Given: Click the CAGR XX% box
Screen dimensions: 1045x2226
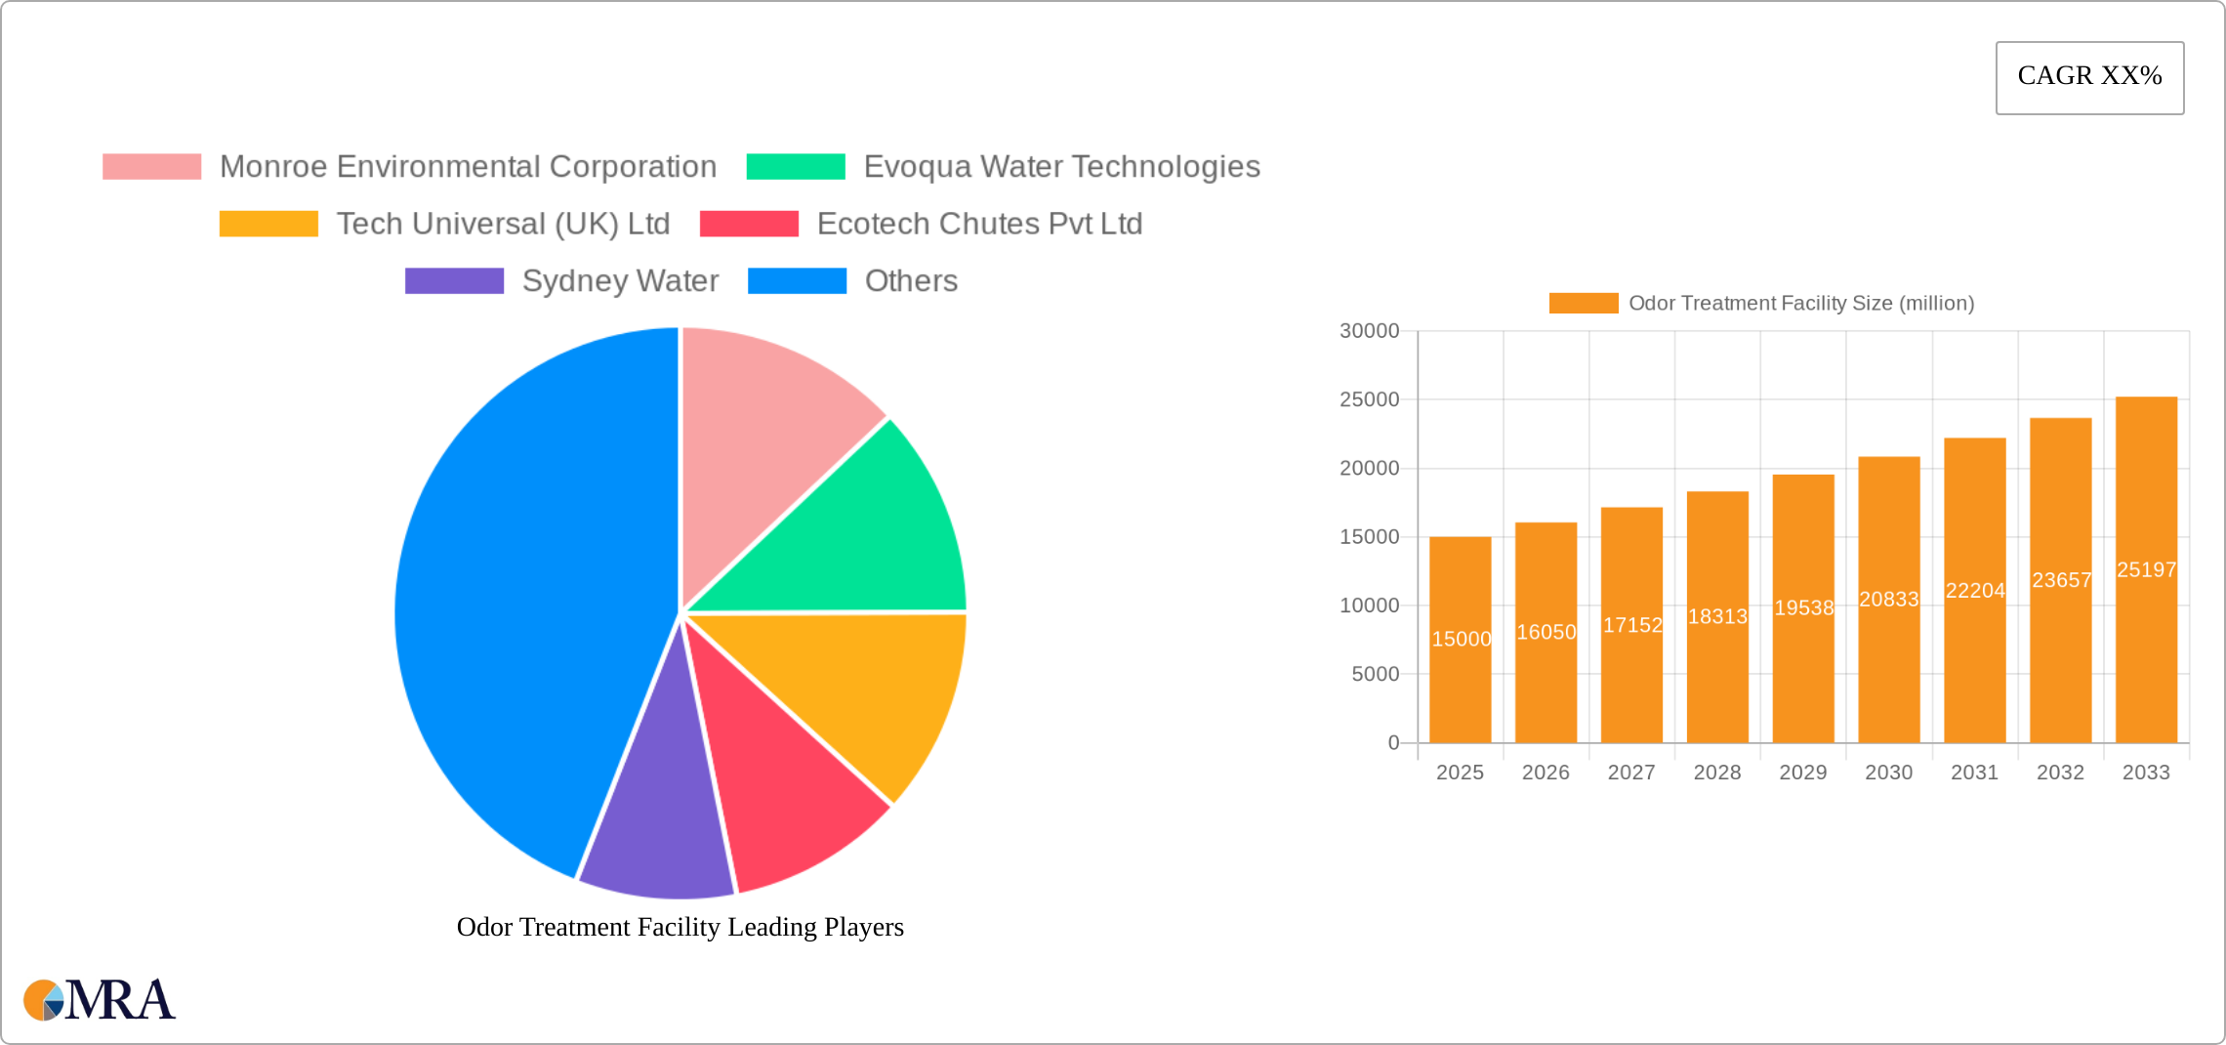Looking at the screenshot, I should coord(2089,77).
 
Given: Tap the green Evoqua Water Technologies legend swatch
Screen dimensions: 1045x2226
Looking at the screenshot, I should coord(796,167).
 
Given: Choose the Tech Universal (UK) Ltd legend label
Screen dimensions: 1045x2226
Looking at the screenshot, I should coord(503,224).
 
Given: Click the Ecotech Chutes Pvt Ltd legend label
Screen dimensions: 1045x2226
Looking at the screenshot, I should coord(979,224).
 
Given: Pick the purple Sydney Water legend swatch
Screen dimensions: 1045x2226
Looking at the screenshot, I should coord(454,281).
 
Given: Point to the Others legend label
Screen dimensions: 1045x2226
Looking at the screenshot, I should coord(911,281).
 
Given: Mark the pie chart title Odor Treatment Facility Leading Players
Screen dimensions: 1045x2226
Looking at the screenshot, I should coord(680,927).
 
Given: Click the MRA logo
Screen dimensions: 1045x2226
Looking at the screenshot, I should coord(100,1000).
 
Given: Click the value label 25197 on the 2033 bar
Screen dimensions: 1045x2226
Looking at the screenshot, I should coord(2146,569).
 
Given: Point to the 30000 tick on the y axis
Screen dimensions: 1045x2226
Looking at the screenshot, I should coord(1369,331).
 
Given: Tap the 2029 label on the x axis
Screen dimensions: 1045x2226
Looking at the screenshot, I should coord(1802,773).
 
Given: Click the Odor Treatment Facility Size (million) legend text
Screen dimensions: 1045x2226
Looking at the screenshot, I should coord(1801,304).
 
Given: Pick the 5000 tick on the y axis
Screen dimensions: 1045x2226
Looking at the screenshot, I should coord(1375,674).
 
